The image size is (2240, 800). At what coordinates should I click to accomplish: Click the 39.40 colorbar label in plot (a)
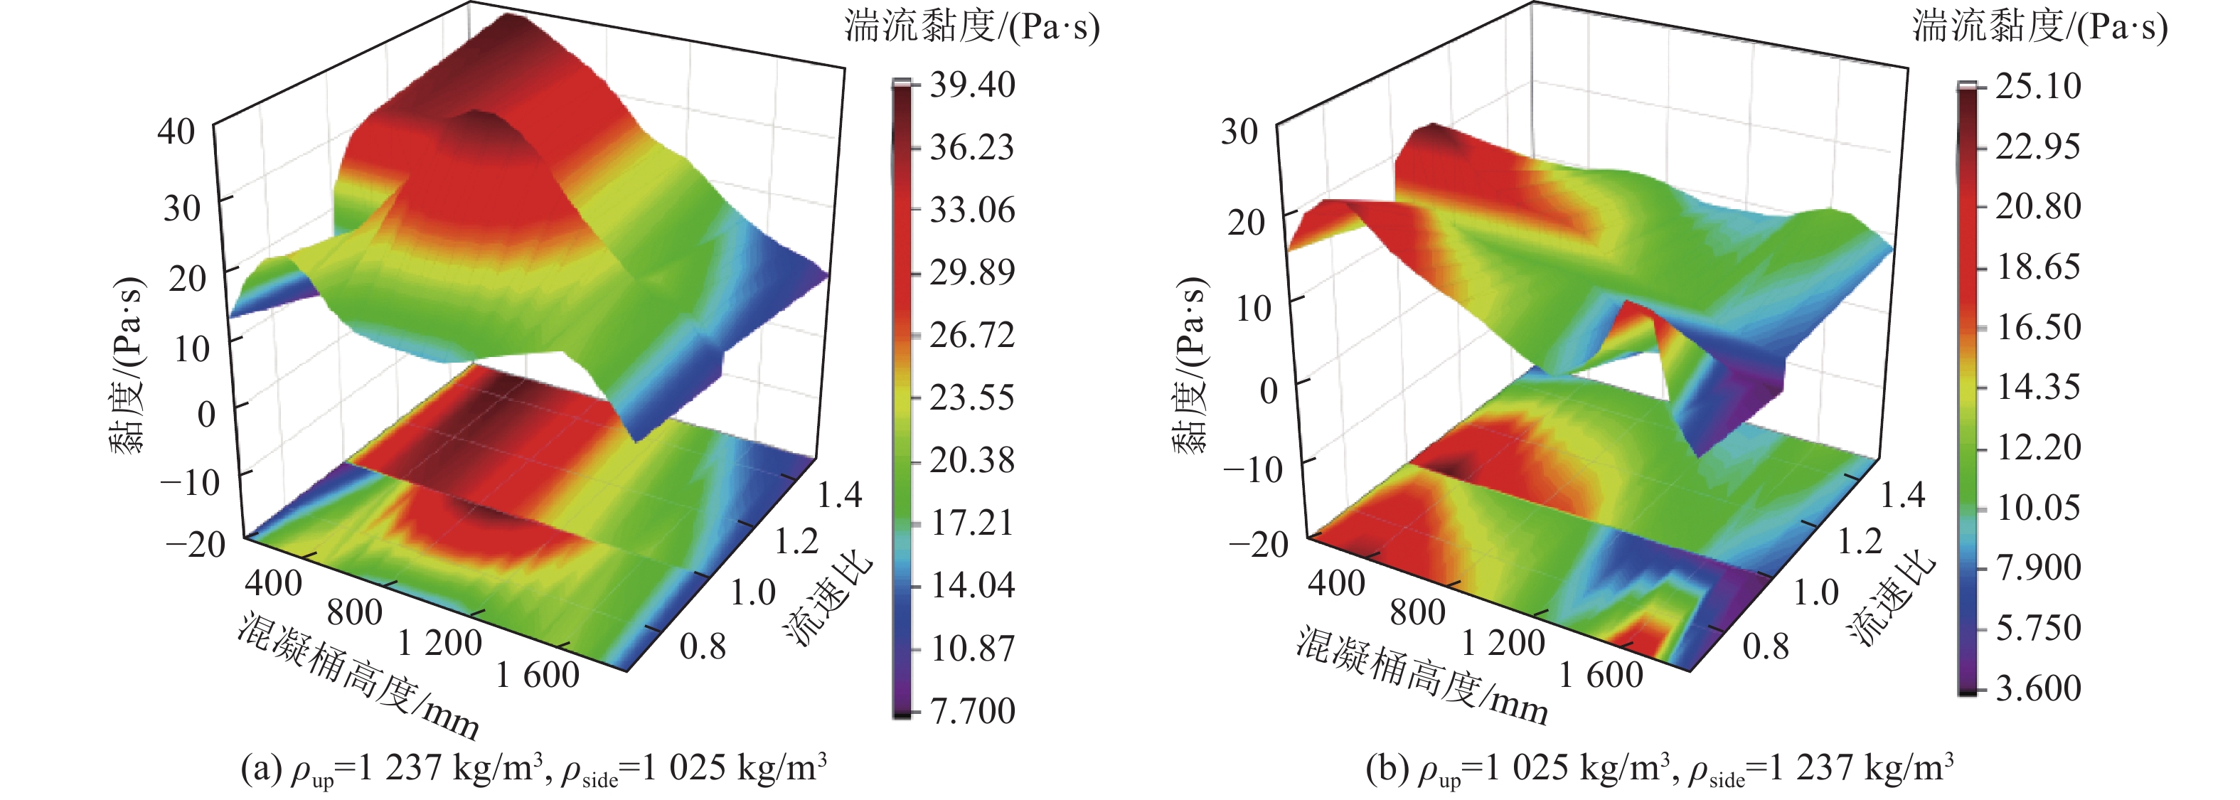pyautogui.click(x=971, y=85)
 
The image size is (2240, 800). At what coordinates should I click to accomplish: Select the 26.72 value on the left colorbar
pyautogui.click(x=971, y=335)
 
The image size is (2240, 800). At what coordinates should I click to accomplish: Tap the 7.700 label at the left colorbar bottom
pyautogui.click(x=972, y=710)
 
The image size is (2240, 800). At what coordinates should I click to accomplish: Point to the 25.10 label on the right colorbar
pyautogui.click(x=2037, y=86)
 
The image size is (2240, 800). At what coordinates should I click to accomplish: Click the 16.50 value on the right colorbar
pyautogui.click(x=2037, y=327)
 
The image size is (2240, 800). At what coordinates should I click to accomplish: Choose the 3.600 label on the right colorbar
pyautogui.click(x=2037, y=688)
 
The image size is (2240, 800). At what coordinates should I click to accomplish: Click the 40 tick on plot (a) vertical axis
pyautogui.click(x=176, y=132)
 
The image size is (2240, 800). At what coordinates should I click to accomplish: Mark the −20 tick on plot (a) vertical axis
pyautogui.click(x=196, y=545)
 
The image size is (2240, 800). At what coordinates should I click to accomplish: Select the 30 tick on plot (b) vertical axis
pyautogui.click(x=1239, y=132)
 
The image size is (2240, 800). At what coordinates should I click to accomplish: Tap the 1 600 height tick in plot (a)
pyautogui.click(x=536, y=674)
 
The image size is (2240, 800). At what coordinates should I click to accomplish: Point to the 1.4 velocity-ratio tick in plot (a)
pyautogui.click(x=839, y=495)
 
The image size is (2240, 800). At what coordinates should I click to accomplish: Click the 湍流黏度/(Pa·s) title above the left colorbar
pyautogui.click(x=971, y=27)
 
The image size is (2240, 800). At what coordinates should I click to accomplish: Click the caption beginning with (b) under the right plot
pyautogui.click(x=1659, y=769)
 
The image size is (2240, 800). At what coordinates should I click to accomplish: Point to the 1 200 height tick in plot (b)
pyautogui.click(x=1503, y=643)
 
